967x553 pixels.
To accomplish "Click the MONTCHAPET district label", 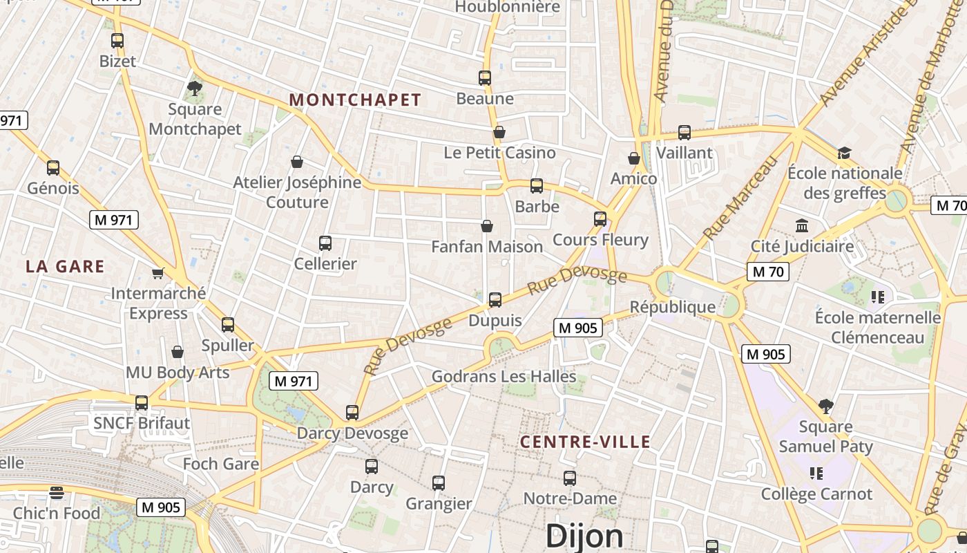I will (x=355, y=100).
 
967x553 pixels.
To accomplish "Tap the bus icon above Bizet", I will (x=117, y=41).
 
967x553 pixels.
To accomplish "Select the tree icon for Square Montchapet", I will (x=195, y=88).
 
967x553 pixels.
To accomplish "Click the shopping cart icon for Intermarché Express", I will (x=158, y=273).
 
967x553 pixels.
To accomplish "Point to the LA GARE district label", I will (x=65, y=266).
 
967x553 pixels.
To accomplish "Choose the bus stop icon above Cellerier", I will (x=325, y=243).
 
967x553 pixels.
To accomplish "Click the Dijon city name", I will (x=584, y=536).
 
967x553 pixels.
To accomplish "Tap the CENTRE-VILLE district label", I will (x=585, y=442).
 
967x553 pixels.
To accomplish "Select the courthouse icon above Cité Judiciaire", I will (x=802, y=225).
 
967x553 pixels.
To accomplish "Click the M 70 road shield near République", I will (x=768, y=272).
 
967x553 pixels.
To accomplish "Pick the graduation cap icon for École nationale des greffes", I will (x=844, y=153).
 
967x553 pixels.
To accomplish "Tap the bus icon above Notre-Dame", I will (x=570, y=478).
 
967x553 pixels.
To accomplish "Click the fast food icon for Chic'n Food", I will (x=57, y=492).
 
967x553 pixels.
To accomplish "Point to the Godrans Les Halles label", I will (x=504, y=377).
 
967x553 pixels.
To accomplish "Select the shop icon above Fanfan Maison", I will (x=487, y=226).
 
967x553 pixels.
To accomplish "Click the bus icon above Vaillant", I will (x=684, y=132).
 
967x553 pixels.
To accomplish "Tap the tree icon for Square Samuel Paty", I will (x=825, y=406).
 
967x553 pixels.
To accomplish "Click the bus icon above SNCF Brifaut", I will (x=142, y=402).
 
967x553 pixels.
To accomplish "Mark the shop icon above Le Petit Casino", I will (x=499, y=132).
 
